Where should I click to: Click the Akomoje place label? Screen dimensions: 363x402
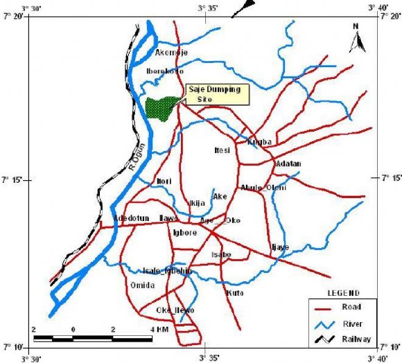(171, 53)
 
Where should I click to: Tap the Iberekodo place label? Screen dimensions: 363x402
(165, 71)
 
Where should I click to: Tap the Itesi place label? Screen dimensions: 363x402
(222, 150)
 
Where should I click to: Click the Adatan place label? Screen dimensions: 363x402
(288, 163)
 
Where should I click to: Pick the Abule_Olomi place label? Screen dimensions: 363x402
(263, 187)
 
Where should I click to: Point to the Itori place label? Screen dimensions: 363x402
(164, 181)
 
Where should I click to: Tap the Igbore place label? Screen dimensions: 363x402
(185, 233)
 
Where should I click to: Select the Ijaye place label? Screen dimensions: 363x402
(279, 247)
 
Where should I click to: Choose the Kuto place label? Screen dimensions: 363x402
(234, 293)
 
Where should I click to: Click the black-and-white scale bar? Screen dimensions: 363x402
(93, 338)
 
